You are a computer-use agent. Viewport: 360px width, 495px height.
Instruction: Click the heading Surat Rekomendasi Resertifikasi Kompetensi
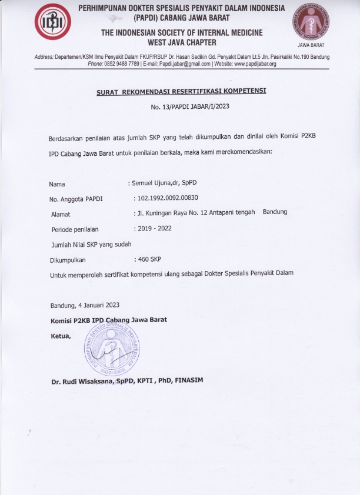[x=181, y=92]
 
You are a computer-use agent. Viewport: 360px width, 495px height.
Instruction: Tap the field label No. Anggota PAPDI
[x=76, y=199]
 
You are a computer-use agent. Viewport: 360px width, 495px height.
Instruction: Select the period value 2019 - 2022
[x=154, y=228]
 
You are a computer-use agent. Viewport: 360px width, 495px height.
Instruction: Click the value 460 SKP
[x=149, y=259]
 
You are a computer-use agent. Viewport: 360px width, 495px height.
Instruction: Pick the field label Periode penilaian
[x=75, y=229]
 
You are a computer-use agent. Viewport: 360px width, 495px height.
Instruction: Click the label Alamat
[x=61, y=214]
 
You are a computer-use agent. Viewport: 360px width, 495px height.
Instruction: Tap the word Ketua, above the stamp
[x=61, y=336]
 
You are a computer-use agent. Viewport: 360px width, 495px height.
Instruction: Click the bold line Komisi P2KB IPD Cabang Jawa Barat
[x=109, y=320]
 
